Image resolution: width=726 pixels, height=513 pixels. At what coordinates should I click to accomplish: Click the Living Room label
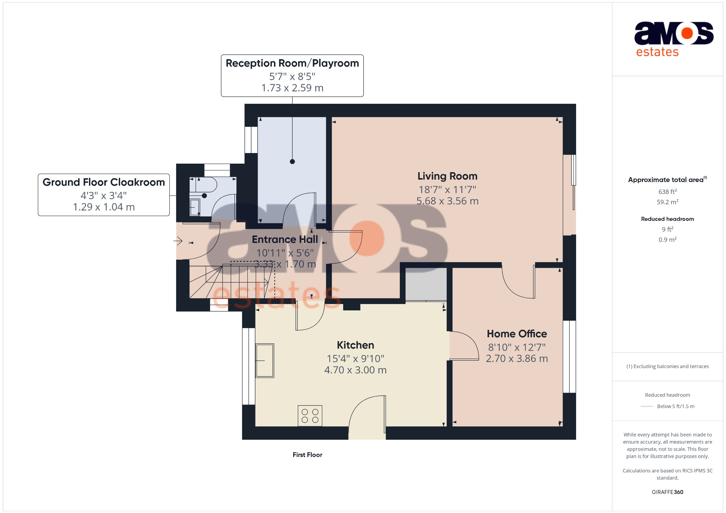click(x=447, y=176)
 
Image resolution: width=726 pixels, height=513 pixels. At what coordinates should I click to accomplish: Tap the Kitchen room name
click(x=355, y=345)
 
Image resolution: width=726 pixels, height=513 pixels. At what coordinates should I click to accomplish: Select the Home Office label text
click(x=516, y=334)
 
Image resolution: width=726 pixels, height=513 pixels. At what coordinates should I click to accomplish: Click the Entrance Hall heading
click(x=285, y=239)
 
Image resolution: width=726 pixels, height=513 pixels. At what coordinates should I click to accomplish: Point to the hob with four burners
click(x=310, y=416)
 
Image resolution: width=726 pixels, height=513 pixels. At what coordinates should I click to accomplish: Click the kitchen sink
click(x=265, y=361)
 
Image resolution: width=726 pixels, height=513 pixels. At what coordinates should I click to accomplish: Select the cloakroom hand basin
click(x=195, y=207)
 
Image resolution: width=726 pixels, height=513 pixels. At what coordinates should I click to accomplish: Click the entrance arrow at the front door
click(x=178, y=241)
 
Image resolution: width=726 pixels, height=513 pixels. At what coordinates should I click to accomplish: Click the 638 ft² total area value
click(x=667, y=192)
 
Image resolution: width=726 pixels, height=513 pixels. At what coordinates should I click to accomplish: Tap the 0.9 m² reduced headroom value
click(x=667, y=240)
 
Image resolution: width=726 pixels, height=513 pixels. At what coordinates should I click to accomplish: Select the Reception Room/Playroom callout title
click(x=292, y=63)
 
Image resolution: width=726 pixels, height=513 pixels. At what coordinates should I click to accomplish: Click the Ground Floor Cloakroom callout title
click(x=104, y=182)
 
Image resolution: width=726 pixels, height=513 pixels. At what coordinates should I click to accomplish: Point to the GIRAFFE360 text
click(x=667, y=492)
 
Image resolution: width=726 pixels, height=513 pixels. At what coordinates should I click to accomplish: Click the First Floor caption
click(x=307, y=455)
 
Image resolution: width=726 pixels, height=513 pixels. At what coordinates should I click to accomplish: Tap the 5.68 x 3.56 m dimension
click(x=447, y=201)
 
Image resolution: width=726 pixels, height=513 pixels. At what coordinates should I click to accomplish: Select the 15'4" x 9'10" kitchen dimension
click(x=355, y=359)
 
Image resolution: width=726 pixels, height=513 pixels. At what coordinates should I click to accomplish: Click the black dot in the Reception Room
click(x=292, y=162)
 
